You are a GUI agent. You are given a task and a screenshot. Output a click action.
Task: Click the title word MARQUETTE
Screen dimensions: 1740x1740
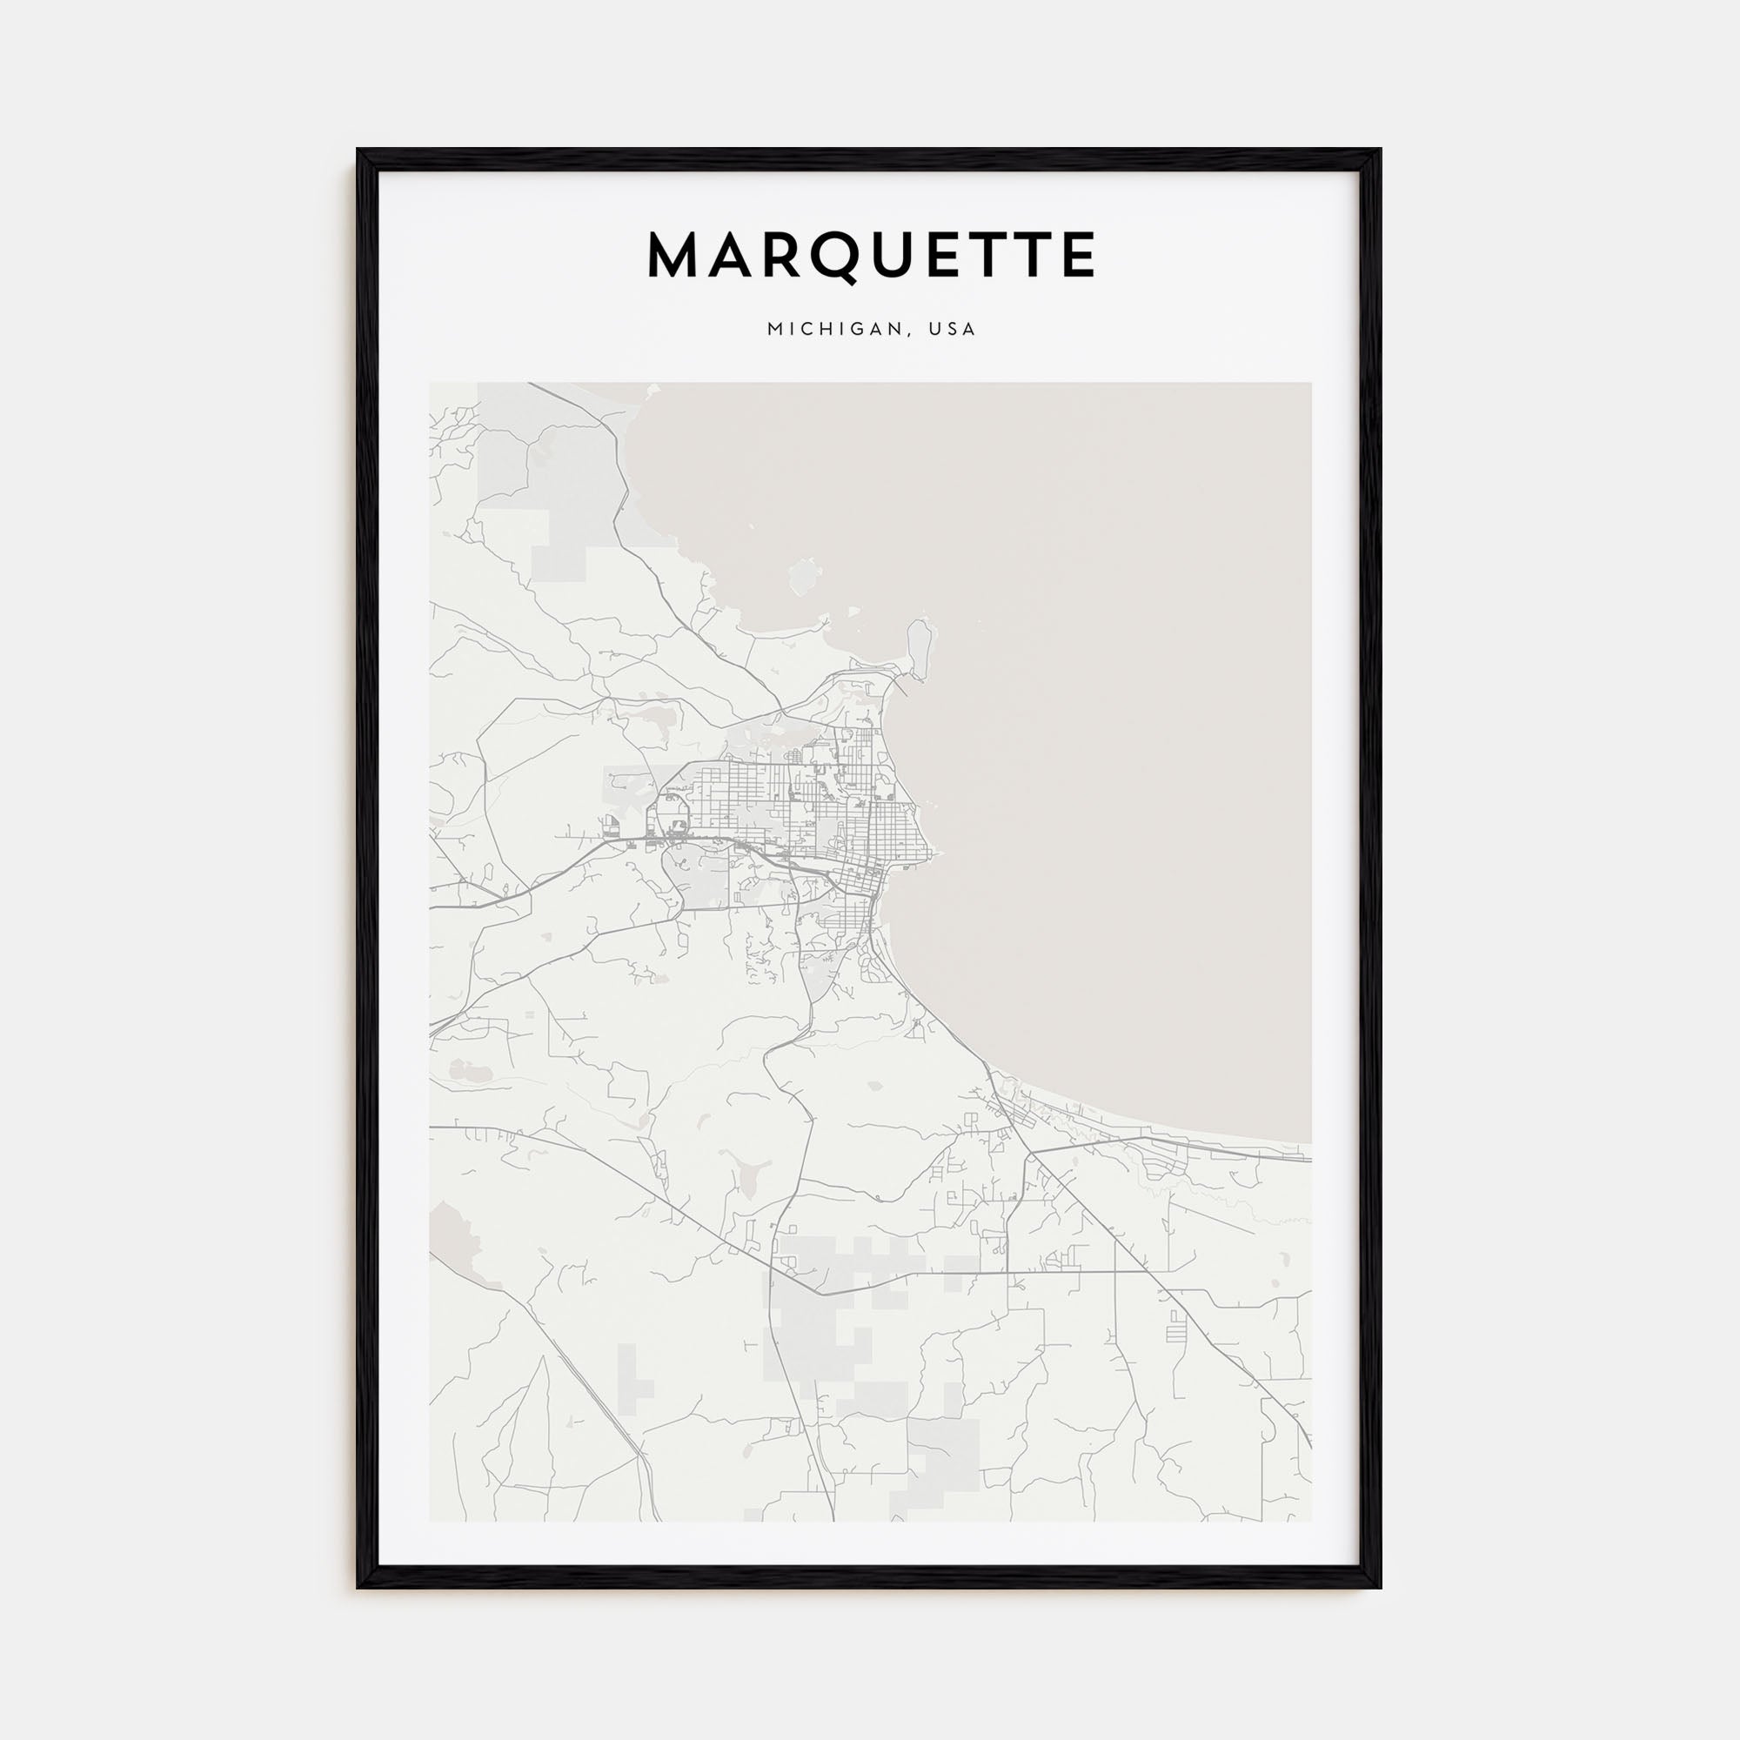871,256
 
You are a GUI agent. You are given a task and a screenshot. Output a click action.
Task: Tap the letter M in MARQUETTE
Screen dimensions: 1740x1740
676,256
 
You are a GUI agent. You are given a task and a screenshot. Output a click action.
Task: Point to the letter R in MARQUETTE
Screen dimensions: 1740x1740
784,256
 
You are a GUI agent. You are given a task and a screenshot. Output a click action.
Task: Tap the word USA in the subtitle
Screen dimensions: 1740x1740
954,330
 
